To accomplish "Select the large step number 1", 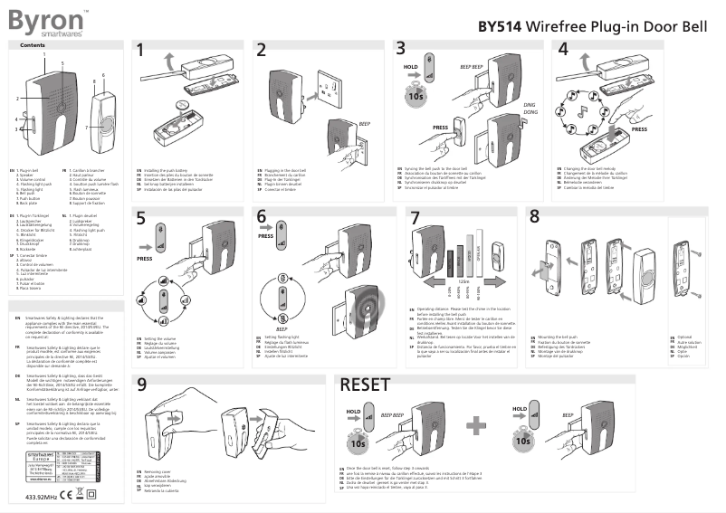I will tap(141, 52).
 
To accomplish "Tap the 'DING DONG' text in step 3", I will tap(530, 110).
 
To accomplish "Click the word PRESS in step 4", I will tap(639, 128).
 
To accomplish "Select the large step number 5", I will tap(141, 218).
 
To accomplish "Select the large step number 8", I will tap(534, 217).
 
